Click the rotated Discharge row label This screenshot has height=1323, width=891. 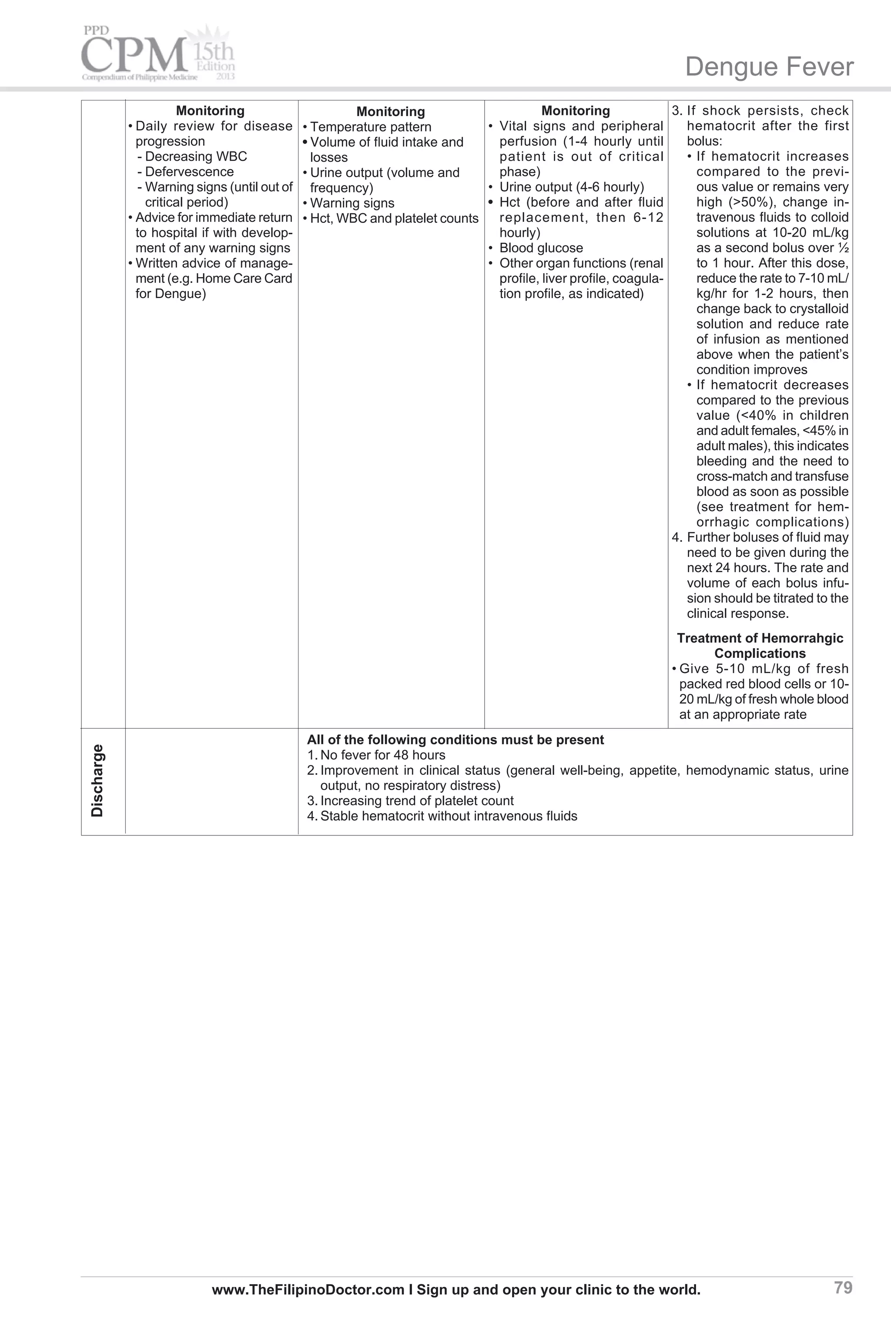[98, 780]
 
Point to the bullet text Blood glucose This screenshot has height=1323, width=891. [541, 248]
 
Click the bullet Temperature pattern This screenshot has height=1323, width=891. [371, 127]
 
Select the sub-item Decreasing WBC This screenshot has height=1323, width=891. [196, 157]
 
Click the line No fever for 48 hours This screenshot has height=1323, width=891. [382, 756]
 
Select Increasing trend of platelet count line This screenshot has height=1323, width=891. [416, 801]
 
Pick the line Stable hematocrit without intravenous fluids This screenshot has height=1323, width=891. [449, 816]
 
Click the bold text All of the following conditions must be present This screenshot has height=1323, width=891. [455, 740]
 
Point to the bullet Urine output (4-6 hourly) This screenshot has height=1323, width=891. [571, 188]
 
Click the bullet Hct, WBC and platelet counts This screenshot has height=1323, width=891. [394, 219]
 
